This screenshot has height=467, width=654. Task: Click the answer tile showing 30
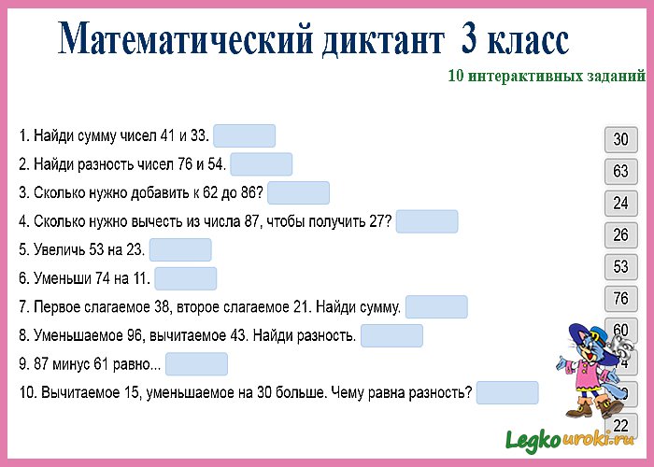tap(620, 140)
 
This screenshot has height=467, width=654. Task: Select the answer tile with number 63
tap(620, 172)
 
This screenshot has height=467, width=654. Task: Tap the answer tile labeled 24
tap(620, 203)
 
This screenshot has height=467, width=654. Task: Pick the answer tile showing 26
tap(620, 234)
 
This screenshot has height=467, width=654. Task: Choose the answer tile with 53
tap(620, 266)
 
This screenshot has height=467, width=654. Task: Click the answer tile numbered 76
tap(620, 298)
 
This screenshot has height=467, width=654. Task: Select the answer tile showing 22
tap(620, 425)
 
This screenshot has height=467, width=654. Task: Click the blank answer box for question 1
tap(244, 136)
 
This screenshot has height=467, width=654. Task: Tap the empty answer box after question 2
tap(261, 164)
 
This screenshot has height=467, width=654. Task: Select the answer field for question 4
tap(427, 221)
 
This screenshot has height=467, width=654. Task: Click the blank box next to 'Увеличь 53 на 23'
tap(180, 250)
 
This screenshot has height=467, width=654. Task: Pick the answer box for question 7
tap(436, 307)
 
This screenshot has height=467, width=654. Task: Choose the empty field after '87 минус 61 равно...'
tap(196, 364)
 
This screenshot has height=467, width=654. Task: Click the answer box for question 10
tap(507, 392)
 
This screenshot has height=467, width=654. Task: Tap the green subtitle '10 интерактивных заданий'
tap(547, 78)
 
